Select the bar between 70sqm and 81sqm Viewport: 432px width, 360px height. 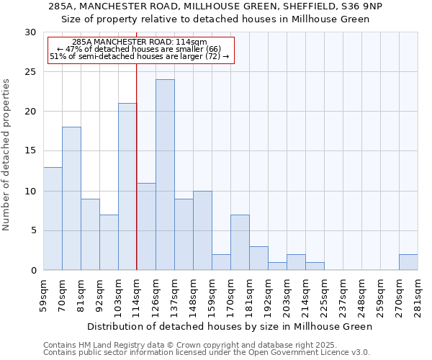pyautogui.click(x=71, y=199)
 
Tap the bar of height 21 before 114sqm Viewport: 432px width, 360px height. pyautogui.click(x=127, y=186)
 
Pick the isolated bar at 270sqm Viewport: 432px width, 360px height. pyautogui.click(x=408, y=262)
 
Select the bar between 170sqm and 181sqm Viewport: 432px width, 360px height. pyautogui.click(x=240, y=243)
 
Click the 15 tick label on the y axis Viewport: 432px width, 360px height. pyautogui.click(x=31, y=151)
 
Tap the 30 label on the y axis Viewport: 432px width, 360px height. pyautogui.click(x=31, y=32)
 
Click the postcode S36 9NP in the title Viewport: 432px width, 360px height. pyautogui.click(x=363, y=6)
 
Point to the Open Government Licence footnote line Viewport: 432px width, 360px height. pyautogui.click(x=207, y=353)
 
